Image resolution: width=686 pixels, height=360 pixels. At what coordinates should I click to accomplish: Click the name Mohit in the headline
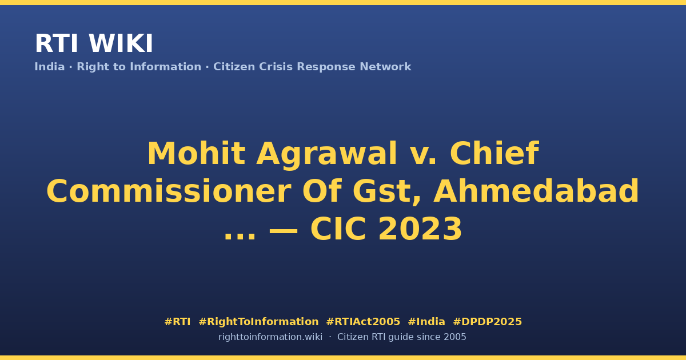[196, 153]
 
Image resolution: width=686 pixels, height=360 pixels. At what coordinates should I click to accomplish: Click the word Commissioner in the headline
[169, 191]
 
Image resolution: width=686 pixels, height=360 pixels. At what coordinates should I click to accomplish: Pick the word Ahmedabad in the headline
[536, 191]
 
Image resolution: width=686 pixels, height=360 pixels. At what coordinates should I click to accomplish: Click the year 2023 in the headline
[420, 229]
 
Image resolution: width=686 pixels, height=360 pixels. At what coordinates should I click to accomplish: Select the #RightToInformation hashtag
[258, 322]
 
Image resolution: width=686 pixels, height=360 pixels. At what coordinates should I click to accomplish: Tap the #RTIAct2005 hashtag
[363, 322]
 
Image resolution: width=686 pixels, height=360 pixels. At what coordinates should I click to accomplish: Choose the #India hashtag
[426, 322]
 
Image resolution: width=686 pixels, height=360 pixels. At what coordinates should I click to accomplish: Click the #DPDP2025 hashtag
[487, 322]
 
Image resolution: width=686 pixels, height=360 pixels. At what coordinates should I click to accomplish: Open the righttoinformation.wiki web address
[270, 337]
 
